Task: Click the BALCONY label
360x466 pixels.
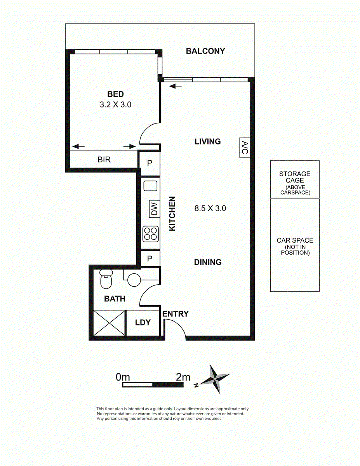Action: [205, 51]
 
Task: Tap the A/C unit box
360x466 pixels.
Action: [245, 148]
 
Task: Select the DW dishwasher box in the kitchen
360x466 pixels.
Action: [155, 209]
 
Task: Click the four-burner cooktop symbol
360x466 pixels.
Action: [151, 234]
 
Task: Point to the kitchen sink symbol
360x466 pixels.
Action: [150, 186]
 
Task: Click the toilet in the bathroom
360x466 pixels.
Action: [106, 278]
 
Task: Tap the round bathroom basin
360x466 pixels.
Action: [134, 280]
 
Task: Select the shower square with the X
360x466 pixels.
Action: [109, 323]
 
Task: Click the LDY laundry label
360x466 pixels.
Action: [143, 322]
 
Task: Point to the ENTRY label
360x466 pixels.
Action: [176, 314]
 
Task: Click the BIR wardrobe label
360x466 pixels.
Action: [104, 160]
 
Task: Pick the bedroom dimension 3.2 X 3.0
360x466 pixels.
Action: [116, 104]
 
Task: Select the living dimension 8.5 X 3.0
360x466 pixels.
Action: [210, 208]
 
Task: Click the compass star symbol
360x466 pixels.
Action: [215, 379]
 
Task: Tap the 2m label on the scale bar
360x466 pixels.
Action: [183, 377]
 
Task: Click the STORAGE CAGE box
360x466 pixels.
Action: [295, 179]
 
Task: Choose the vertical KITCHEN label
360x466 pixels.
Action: [172, 214]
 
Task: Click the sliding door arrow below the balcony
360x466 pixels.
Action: [176, 86]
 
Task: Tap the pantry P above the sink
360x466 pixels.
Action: [150, 163]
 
